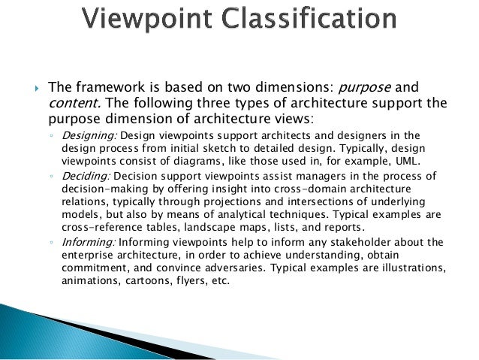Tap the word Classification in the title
tap(315, 19)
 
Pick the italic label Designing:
tap(88, 136)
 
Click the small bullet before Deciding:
tap(50, 174)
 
